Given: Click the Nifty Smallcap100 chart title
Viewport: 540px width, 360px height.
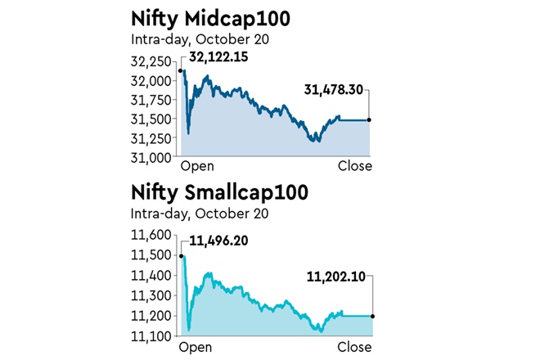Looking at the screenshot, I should point(219,194).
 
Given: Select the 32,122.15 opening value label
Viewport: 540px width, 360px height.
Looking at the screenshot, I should point(219,57).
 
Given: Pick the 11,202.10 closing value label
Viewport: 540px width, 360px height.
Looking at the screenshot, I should point(333,279).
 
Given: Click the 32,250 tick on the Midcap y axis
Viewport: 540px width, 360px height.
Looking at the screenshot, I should point(152,62).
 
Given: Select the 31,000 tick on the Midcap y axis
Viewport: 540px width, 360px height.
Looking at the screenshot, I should point(152,155).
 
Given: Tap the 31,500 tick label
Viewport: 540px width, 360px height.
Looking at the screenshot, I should point(152,119).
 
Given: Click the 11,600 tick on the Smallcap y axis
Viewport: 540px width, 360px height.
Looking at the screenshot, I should point(152,235).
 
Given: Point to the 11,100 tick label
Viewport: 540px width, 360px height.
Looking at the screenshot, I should point(152,335).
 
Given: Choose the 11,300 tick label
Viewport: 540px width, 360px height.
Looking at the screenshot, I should point(152,295).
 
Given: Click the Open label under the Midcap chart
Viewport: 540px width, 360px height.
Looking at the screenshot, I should point(197,166).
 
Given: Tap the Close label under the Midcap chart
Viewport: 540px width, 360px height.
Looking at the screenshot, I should point(355,166).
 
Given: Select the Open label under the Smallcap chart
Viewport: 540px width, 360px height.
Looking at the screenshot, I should point(197,347).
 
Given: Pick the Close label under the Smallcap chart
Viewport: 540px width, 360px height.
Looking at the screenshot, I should point(355,347).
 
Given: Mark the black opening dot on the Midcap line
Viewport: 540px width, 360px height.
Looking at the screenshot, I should point(180,71).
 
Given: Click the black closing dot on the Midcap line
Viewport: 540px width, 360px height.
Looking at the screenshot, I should point(370,120).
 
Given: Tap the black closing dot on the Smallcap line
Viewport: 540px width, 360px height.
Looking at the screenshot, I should point(373,316).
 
